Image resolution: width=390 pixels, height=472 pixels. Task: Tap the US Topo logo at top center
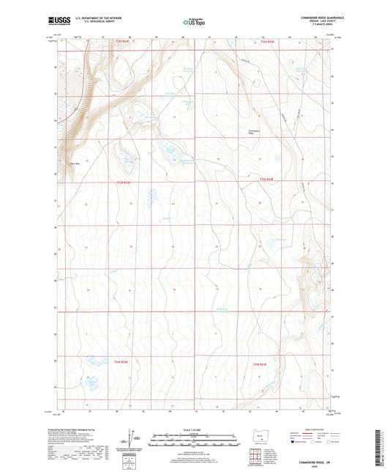coord(194,22)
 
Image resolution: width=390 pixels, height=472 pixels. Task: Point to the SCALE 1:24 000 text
coord(195,429)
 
